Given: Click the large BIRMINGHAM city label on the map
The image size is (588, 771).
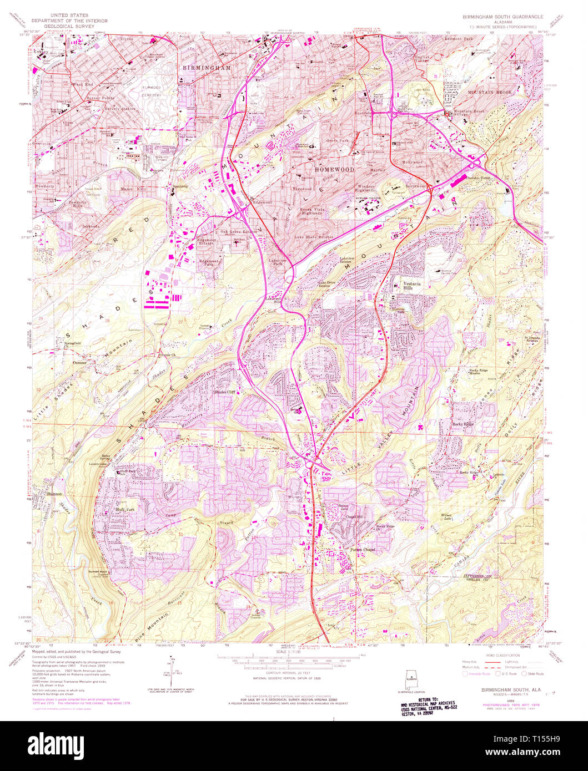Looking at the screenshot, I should (207, 67).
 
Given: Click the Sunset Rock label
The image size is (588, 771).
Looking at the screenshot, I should (97, 571).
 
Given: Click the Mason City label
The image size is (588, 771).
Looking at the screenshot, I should (132, 189).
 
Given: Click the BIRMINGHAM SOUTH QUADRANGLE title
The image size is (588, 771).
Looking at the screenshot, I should (503, 17).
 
